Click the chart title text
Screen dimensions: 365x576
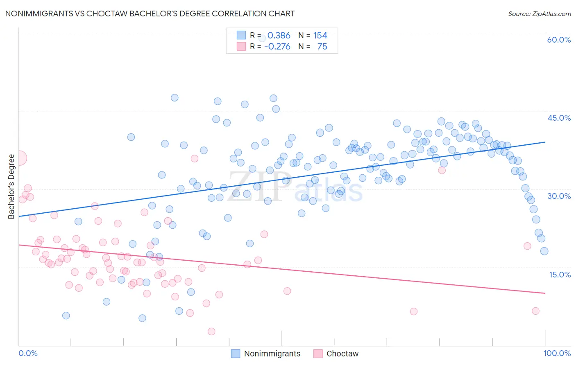(x=150, y=14)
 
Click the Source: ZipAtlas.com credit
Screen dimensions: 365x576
(x=539, y=14)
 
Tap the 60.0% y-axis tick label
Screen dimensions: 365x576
(x=559, y=40)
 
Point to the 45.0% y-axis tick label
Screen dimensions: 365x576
(x=559, y=118)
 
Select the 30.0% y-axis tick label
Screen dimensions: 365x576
(x=559, y=196)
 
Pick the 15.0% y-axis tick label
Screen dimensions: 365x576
(x=560, y=275)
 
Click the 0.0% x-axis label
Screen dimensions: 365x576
(x=28, y=353)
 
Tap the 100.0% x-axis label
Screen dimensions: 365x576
(x=557, y=353)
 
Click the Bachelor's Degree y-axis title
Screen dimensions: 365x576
(x=11, y=186)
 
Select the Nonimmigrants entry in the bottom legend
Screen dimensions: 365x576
(x=272, y=354)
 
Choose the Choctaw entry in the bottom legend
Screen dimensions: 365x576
(x=342, y=354)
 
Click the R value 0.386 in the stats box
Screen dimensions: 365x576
(x=279, y=35)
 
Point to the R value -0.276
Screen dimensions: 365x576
(x=277, y=46)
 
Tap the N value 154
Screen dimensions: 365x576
(x=320, y=35)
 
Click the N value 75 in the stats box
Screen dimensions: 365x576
(x=322, y=46)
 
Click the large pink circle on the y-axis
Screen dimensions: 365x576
(x=20, y=158)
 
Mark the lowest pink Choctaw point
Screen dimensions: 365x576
(x=211, y=331)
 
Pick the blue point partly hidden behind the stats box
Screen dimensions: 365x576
(x=262, y=38)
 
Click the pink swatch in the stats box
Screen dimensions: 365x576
(x=241, y=46)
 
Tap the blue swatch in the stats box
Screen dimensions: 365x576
(x=241, y=35)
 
